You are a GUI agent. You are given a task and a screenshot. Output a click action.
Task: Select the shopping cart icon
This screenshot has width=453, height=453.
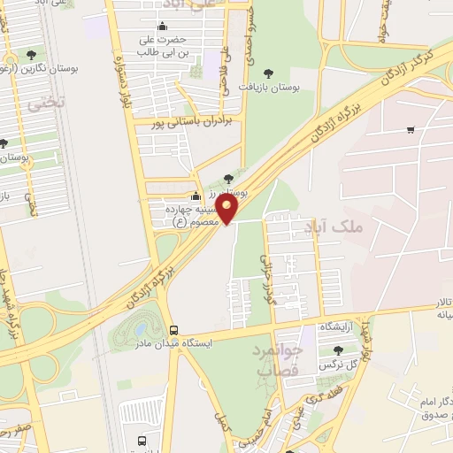click(x=411, y=130)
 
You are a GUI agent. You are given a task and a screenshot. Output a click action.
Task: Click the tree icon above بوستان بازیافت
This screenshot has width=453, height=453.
click(x=270, y=73)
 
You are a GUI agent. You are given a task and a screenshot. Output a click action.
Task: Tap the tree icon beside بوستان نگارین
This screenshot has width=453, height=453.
click(x=32, y=55)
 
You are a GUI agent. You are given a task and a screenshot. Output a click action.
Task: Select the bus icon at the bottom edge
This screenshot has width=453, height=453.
click(x=142, y=441)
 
